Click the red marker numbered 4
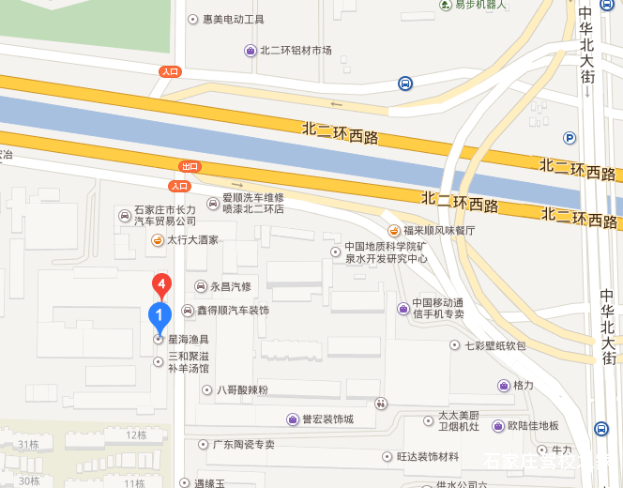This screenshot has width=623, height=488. [x=162, y=283]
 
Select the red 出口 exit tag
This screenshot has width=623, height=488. [x=190, y=166]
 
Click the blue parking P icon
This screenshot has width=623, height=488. [x=569, y=138]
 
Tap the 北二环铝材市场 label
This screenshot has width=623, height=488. [x=296, y=50]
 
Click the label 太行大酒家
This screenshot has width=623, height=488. [x=192, y=240]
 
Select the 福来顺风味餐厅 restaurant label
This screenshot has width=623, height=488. [x=439, y=230]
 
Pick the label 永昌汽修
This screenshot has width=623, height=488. [x=230, y=286]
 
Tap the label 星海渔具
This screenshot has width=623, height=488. [x=188, y=339]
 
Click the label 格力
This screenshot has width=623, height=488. [x=523, y=386]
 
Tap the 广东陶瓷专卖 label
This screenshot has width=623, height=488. [x=243, y=444]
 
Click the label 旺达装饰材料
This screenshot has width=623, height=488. [x=427, y=457]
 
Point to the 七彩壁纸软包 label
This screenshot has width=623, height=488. [x=494, y=345]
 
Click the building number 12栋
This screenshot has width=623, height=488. [x=136, y=435]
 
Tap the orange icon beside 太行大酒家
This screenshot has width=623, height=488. [x=158, y=240]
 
